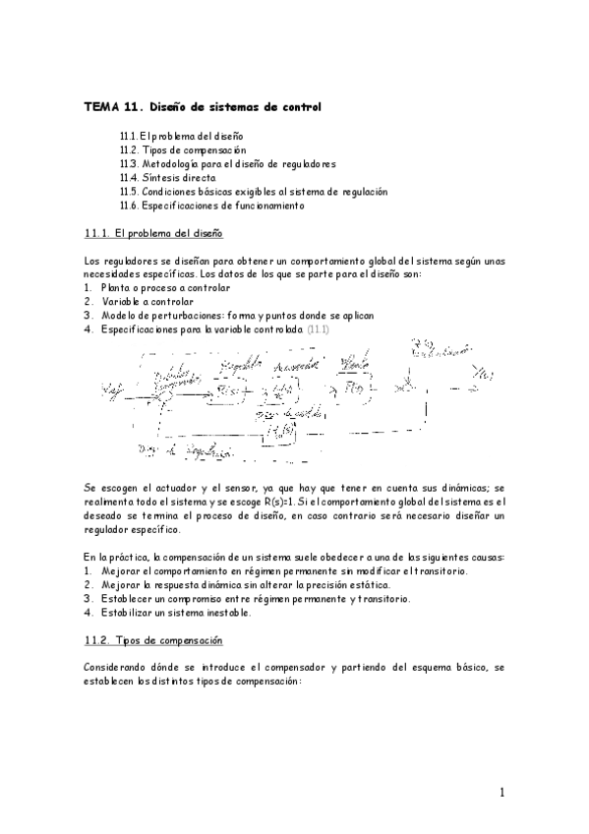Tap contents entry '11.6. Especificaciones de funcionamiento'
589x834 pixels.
coord(211,206)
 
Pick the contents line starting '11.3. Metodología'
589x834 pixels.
coord(227,163)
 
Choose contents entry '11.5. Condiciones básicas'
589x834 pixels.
coord(254,192)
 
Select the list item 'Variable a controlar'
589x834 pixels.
coord(147,301)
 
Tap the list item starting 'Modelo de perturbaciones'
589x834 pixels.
coord(235,315)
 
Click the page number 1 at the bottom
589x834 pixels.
coord(501,792)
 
